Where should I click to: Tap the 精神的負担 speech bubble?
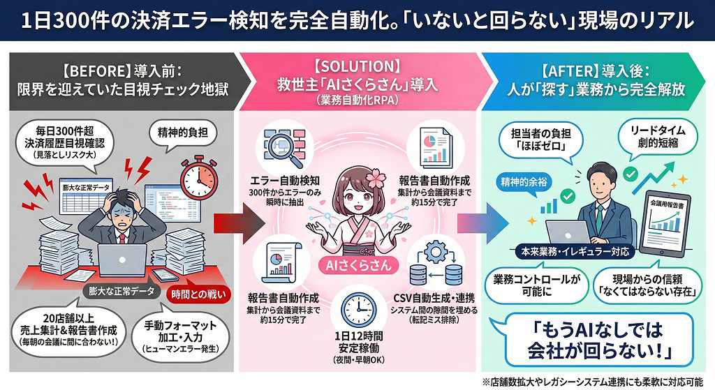pyautogui.click(x=178, y=130)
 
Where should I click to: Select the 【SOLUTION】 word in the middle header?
pyautogui.click(x=357, y=67)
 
